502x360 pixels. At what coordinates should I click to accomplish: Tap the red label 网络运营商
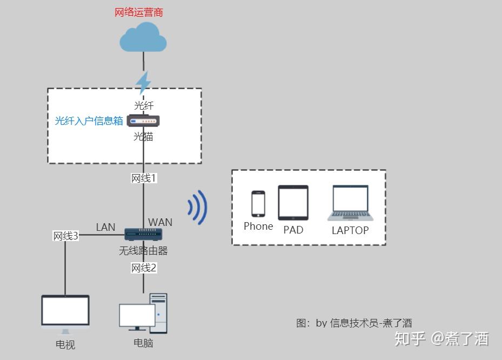[139, 12]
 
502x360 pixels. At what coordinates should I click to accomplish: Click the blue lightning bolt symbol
[143, 83]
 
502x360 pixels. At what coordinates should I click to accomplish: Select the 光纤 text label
[144, 105]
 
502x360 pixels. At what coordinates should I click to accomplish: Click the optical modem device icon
[144, 121]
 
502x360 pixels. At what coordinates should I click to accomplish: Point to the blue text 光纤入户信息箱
[89, 121]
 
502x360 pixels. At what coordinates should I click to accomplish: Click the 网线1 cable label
[144, 178]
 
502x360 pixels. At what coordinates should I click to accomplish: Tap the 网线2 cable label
[144, 268]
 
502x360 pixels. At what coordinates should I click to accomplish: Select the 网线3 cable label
[65, 236]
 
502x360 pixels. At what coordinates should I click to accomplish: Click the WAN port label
[160, 222]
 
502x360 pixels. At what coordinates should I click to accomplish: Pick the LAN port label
[105, 227]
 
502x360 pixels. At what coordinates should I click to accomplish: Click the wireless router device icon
[144, 234]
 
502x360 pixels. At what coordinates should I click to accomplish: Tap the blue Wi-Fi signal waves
[198, 207]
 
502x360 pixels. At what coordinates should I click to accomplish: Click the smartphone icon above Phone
[258, 204]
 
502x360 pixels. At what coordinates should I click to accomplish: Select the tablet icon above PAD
[293, 203]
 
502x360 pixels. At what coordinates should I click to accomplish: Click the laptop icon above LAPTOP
[350, 203]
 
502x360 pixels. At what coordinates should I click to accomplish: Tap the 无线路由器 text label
[144, 251]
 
